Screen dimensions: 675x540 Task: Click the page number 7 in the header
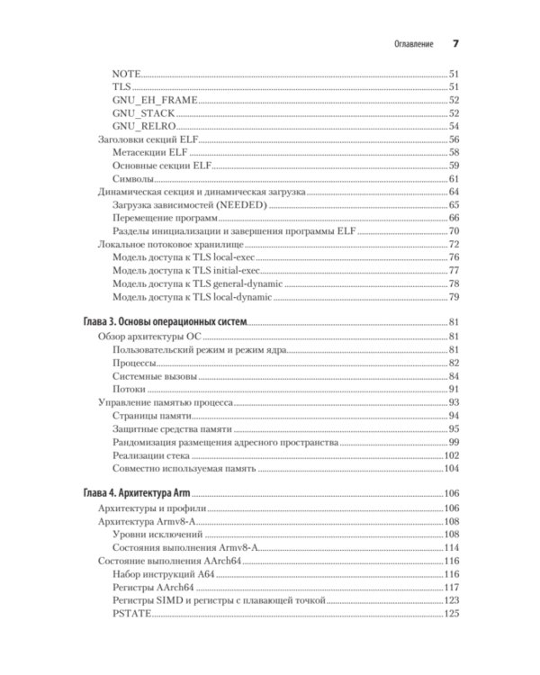pos(454,44)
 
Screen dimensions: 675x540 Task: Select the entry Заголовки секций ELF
pos(148,139)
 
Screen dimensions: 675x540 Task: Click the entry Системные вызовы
pos(155,376)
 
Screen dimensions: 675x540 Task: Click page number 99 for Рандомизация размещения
pos(454,442)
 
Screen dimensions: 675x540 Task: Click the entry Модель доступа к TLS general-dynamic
pos(197,283)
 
